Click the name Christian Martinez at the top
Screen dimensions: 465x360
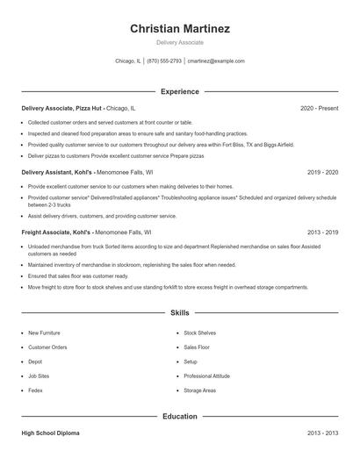point(180,29)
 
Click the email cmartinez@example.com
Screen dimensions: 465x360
point(216,61)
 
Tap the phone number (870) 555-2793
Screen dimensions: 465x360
point(164,61)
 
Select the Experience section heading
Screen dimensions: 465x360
point(180,91)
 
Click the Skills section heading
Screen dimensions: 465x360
point(180,312)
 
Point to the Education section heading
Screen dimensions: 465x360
point(180,417)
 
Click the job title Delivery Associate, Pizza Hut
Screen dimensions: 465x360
point(61,108)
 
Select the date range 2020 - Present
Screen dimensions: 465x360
point(319,108)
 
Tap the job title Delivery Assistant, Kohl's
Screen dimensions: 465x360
point(57,173)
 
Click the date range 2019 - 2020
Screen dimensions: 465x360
point(322,173)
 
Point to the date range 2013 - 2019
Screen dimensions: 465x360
point(322,232)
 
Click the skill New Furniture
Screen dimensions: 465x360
point(44,333)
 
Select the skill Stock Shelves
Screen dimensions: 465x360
point(199,333)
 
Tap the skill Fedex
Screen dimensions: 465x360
point(35,390)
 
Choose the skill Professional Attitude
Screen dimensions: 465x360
point(207,376)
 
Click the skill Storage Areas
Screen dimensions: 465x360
point(199,390)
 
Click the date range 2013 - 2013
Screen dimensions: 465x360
point(322,433)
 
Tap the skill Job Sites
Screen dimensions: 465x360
point(38,376)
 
